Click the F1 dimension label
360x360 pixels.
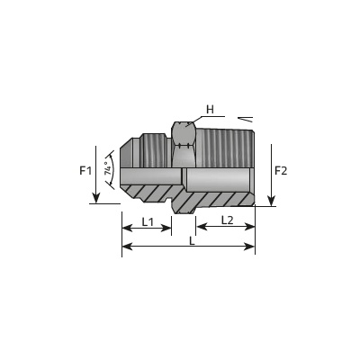(x=85, y=171)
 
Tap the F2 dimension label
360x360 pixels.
(x=281, y=171)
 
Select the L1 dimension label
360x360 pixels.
(x=148, y=222)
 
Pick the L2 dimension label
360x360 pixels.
(x=227, y=220)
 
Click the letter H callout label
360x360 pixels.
(x=210, y=110)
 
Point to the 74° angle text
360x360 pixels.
(x=108, y=168)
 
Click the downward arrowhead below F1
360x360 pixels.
(x=95, y=198)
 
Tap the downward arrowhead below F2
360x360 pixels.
(x=271, y=201)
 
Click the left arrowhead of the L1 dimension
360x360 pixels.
(x=127, y=228)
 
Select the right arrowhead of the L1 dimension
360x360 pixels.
(x=166, y=228)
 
